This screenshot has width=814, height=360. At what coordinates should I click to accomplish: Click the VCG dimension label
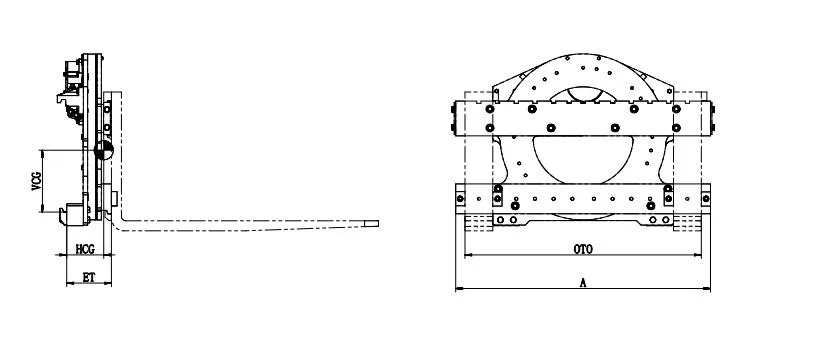(x=37, y=181)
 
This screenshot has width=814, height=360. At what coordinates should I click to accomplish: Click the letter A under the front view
(x=583, y=284)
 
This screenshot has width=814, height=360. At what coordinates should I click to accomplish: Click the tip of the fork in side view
(x=378, y=224)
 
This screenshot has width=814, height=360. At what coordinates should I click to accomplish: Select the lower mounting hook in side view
(x=71, y=212)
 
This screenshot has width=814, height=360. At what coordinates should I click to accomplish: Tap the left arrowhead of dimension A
(x=458, y=290)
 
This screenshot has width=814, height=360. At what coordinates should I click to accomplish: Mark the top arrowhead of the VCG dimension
(x=41, y=151)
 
